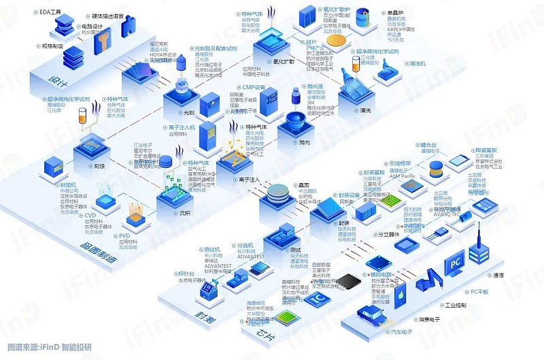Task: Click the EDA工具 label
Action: pyautogui.click(x=50, y=11)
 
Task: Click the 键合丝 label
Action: pyautogui.click(x=428, y=145)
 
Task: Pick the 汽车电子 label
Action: pyautogui.click(x=399, y=332)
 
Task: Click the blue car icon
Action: pyautogui.click(x=373, y=314)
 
